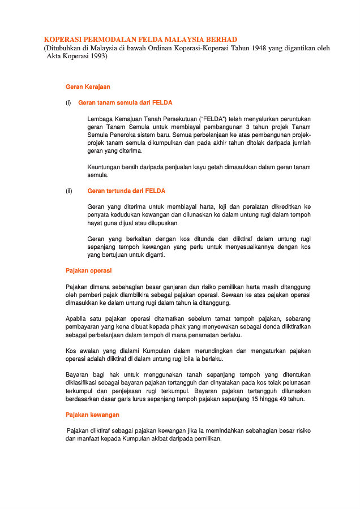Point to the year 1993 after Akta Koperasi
[x=95, y=57]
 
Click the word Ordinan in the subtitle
[x=162, y=48]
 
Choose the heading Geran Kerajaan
[x=88, y=87]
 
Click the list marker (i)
[x=68, y=103]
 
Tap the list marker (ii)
[x=68, y=191]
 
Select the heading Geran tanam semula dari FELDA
[x=125, y=103]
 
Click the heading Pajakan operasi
[x=88, y=271]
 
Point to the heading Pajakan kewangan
[x=92, y=415]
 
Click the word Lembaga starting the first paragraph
[x=101, y=119]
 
